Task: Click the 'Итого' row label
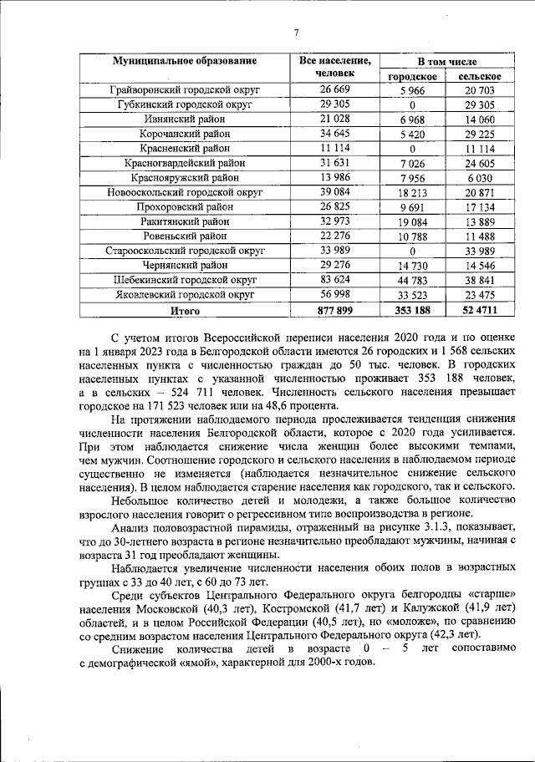point(186,310)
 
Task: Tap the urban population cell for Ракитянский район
point(408,221)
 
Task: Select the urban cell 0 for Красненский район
point(408,148)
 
